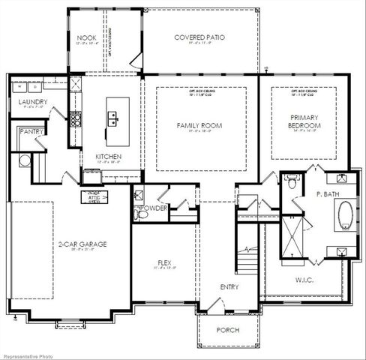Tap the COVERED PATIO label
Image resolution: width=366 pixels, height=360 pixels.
[x=199, y=37]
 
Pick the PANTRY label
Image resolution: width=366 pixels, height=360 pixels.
[x=31, y=131]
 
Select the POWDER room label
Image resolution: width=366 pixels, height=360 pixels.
[x=152, y=208]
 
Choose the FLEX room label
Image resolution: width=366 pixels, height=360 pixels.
[x=163, y=262]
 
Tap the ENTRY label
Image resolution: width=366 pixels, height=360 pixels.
[x=229, y=287]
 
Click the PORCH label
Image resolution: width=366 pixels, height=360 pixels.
[x=226, y=329]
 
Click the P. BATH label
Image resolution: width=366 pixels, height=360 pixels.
[x=323, y=193]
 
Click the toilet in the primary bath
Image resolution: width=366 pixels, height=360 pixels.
[x=292, y=181]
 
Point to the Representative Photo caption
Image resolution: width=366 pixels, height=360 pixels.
[x=28, y=354]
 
